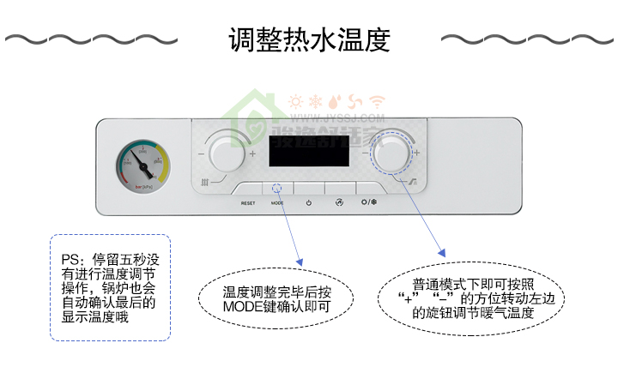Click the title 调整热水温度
click(x=309, y=39)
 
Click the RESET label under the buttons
click(x=248, y=203)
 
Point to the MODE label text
click(x=276, y=203)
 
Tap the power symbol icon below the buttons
click(x=308, y=203)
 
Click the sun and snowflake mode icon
click(x=369, y=203)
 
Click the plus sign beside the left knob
click(x=253, y=154)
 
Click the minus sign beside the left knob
click(x=201, y=154)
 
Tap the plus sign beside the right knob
click(x=417, y=153)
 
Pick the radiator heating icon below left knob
click(x=205, y=183)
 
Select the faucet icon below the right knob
click(x=413, y=182)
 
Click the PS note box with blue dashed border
click(x=110, y=287)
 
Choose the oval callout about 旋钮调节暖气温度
click(x=473, y=298)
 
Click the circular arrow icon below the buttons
click(x=338, y=203)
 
